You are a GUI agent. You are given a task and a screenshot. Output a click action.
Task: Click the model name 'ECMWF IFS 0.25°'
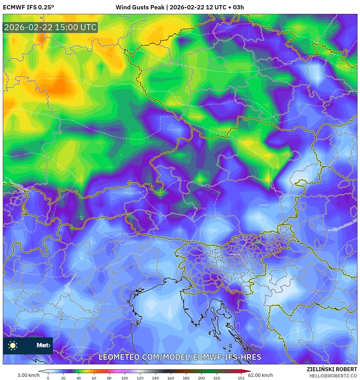pos(28,7)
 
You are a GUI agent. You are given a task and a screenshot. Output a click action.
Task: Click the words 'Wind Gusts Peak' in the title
pos(140,7)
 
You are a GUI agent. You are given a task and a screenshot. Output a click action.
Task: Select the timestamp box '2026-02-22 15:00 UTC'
pos(50,28)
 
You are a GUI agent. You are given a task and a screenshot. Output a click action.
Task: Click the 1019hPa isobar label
pos(229,102)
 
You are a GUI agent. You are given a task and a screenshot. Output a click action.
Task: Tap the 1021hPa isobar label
pos(131,241)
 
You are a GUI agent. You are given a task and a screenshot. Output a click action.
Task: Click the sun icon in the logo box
pos(13,345)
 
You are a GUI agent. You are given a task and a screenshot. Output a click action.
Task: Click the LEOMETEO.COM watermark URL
pos(180,357)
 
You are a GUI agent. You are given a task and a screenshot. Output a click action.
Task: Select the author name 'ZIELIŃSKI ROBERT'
pos(332,369)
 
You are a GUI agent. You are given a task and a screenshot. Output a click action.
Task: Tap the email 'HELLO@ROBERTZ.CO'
pos(333,376)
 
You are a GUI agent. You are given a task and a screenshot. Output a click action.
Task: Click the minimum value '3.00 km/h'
pos(28,375)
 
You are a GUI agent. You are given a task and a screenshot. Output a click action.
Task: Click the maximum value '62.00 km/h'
pos(260,375)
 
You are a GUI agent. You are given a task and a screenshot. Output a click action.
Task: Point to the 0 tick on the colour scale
pos(48,378)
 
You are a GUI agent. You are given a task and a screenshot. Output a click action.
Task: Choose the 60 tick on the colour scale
pos(94,378)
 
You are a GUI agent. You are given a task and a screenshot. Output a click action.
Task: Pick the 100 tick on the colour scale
pos(124,378)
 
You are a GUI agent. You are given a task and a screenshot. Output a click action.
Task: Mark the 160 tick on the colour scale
pos(170,378)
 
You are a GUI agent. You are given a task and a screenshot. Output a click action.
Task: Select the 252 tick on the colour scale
pos(241,378)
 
